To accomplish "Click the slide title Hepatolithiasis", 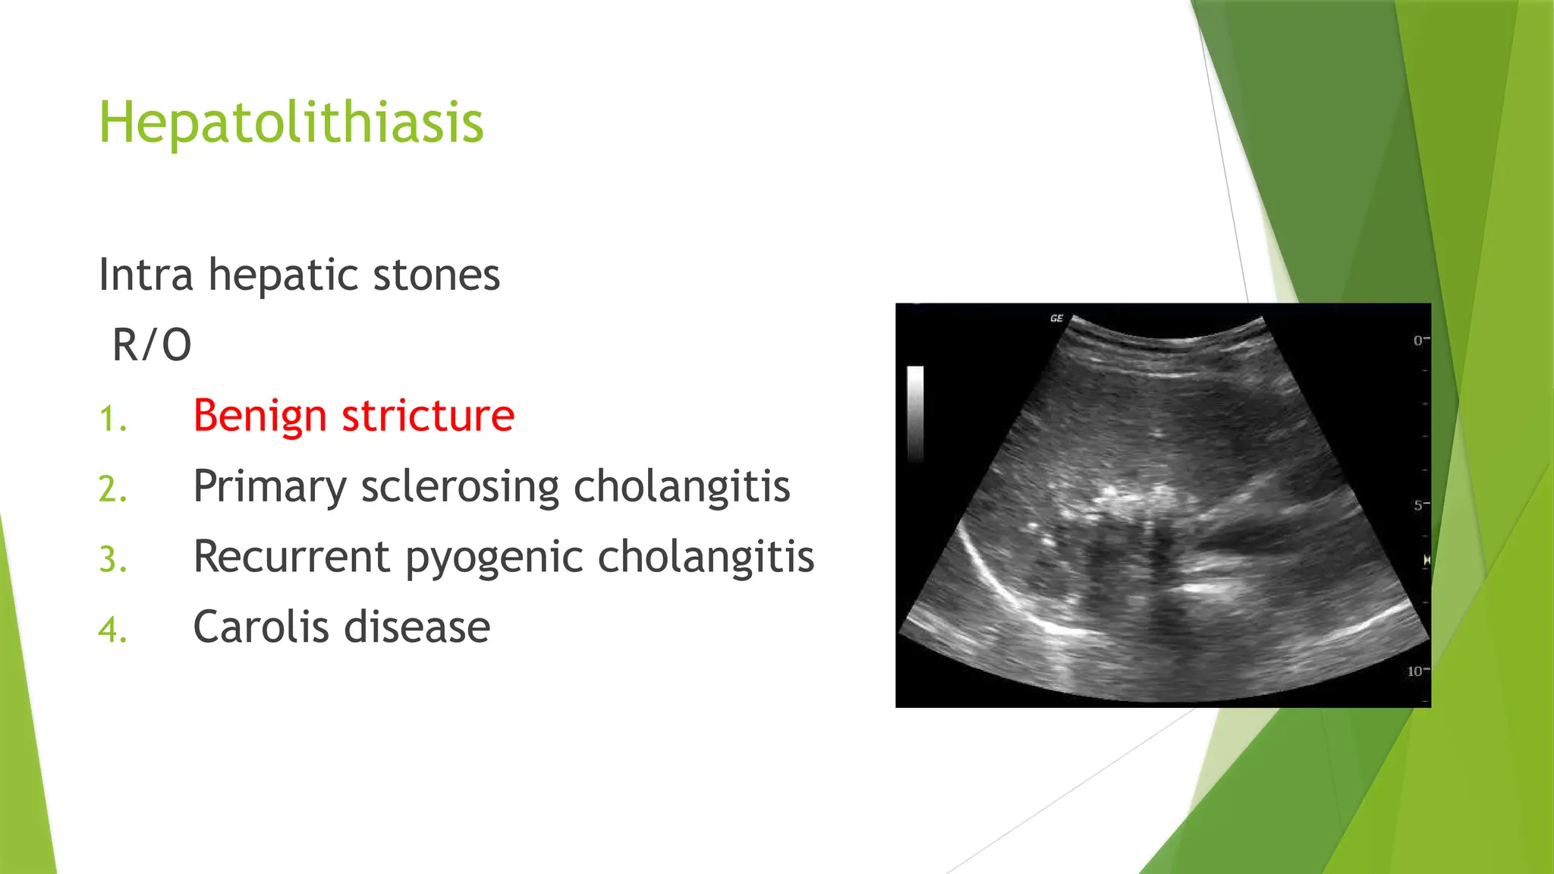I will (291, 123).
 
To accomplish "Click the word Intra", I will (146, 275).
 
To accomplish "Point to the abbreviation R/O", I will (152, 345).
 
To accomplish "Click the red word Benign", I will (260, 416).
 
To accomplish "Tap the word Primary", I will (269, 486).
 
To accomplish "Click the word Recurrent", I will (291, 557).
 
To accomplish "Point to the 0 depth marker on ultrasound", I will (1417, 341).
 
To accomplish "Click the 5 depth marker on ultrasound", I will (1417, 505).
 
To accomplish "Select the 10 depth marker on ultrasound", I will (1414, 671).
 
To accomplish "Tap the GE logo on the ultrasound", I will (1056, 319).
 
